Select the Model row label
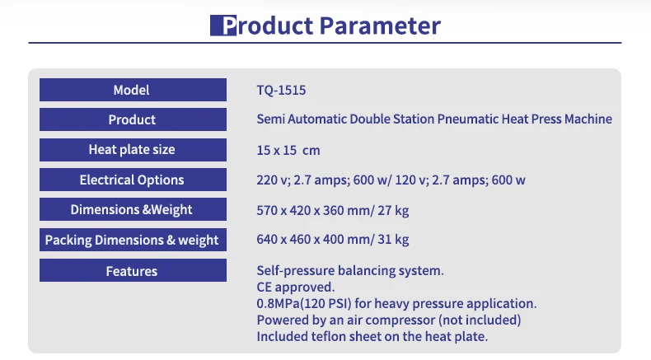(132, 90)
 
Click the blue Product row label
(132, 119)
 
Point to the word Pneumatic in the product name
(468, 119)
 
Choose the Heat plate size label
(132, 150)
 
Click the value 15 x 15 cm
(288, 150)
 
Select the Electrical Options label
(132, 180)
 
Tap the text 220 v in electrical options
(272, 180)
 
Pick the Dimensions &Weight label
(132, 209)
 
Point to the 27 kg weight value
(393, 210)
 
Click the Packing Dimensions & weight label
(132, 240)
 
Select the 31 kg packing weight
(393, 240)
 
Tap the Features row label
(132, 270)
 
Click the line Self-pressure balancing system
(350, 270)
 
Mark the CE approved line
(295, 287)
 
